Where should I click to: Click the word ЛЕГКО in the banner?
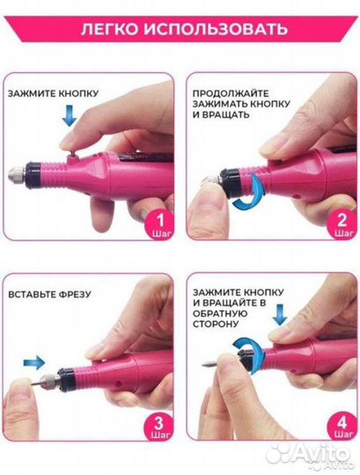click(110, 30)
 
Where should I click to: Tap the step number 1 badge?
click(160, 224)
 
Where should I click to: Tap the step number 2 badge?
click(342, 224)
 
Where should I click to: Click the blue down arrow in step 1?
click(70, 115)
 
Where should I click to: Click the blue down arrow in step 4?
click(279, 314)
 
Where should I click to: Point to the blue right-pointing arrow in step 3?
click(34, 362)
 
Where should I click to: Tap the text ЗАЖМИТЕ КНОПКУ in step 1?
click(54, 93)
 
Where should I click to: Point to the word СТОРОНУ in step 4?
click(216, 324)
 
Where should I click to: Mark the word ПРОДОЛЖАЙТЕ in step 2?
click(231, 93)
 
